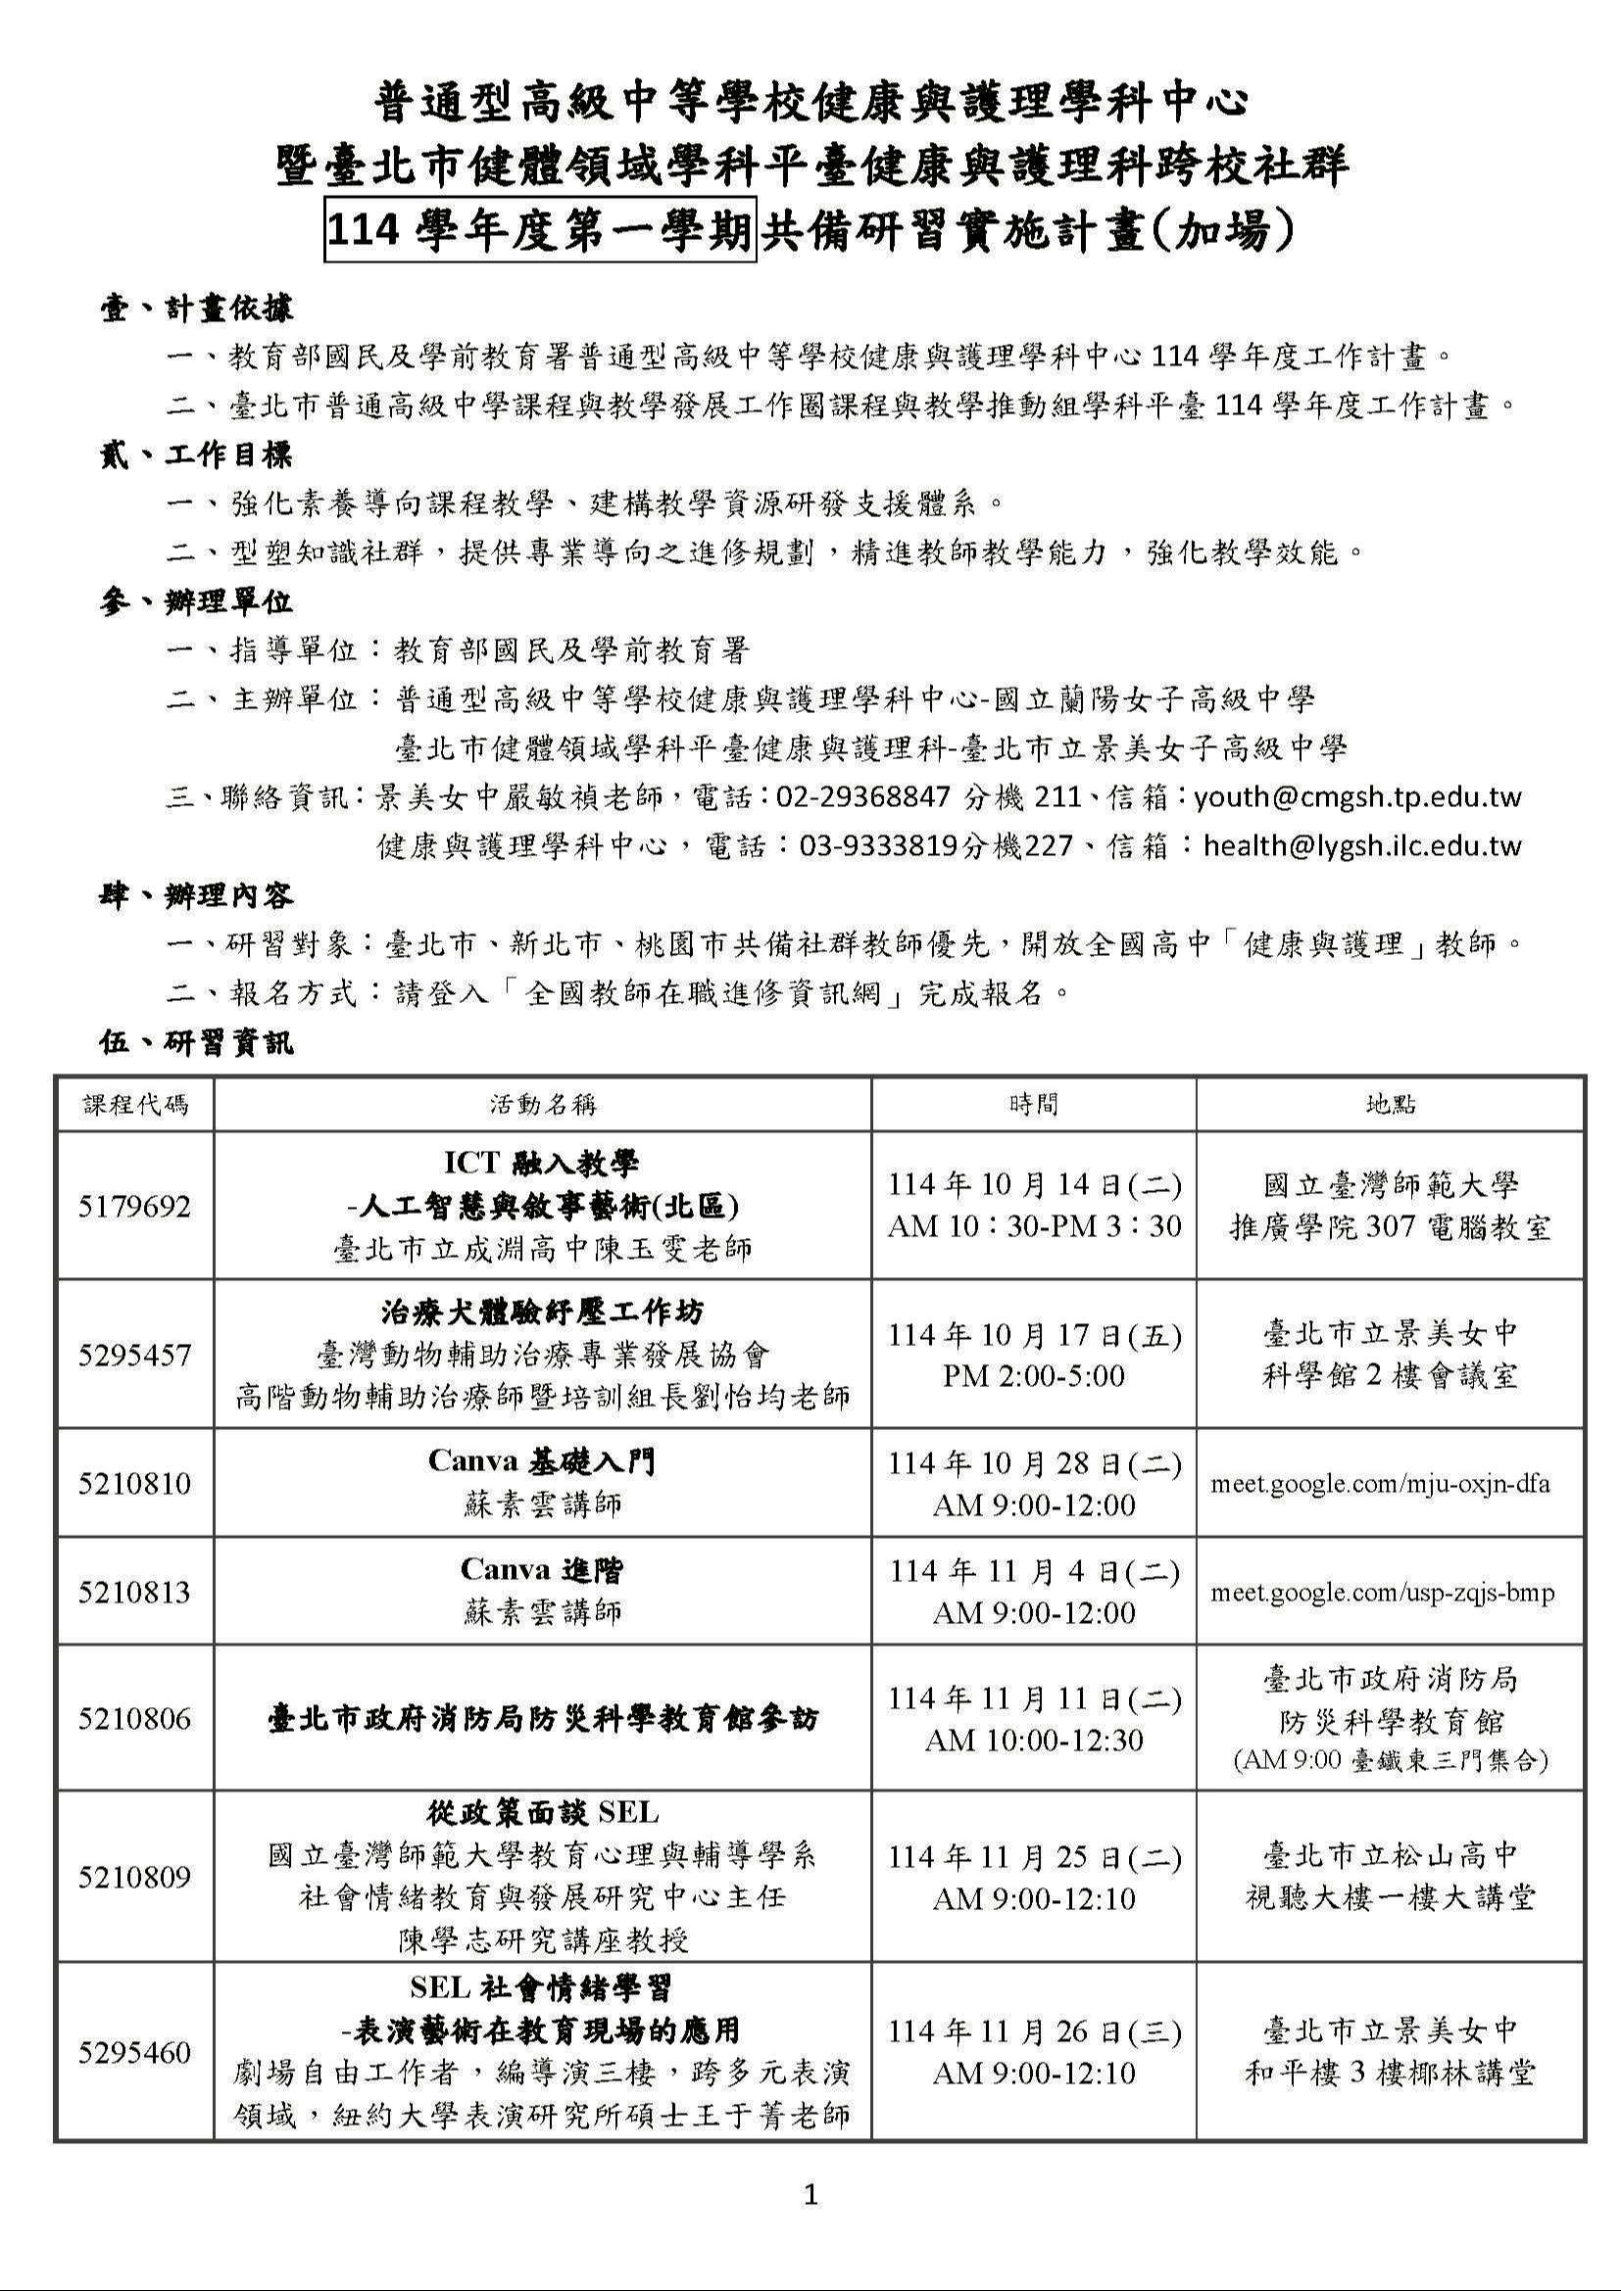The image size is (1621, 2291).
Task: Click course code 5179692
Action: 134,1207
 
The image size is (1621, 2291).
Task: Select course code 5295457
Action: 134,1355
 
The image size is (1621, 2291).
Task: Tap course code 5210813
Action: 134,1592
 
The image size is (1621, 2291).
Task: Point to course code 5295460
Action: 134,2053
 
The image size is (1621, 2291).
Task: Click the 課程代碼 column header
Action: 134,1105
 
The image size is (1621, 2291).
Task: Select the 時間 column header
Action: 1033,1105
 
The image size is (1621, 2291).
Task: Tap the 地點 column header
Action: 1391,1105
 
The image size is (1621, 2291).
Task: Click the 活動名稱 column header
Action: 542,1105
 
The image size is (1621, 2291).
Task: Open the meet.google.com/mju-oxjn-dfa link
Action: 1381,1484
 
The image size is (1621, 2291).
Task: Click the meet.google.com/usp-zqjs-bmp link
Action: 1383,1593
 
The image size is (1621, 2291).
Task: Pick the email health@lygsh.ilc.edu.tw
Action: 1362,846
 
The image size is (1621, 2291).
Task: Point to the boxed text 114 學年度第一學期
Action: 540,231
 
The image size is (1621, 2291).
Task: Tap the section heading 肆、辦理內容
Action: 197,896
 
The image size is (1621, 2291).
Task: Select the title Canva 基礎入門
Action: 542,1461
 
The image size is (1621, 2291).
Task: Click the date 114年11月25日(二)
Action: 1034,1857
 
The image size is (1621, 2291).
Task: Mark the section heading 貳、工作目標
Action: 197,456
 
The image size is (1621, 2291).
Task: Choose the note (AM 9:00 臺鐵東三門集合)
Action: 1391,1760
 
